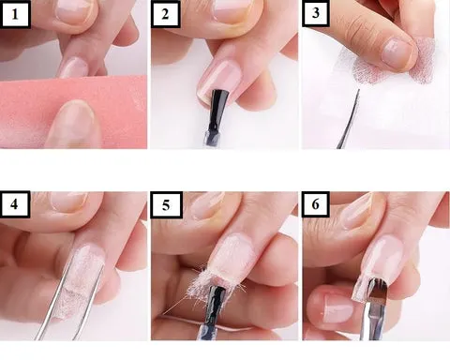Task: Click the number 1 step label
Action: (15, 14)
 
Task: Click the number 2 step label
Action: (165, 14)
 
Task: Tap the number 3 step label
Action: (316, 13)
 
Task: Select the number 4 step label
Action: (15, 204)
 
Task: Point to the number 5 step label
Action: (166, 205)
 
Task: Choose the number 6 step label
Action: (316, 204)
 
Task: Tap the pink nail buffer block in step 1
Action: (73, 111)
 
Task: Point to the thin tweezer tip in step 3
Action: (358, 91)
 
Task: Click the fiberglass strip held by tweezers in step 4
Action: (80, 281)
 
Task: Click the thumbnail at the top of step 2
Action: (232, 11)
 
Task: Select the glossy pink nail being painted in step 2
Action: (221, 81)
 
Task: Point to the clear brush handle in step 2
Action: (213, 139)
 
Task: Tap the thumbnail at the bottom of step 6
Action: (338, 307)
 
